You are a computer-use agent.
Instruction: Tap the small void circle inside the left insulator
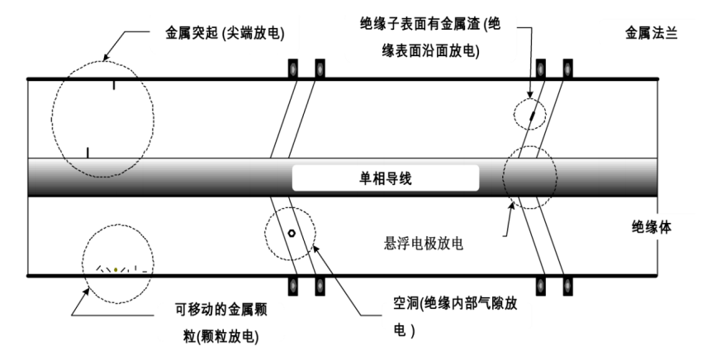pyautogui.click(x=292, y=234)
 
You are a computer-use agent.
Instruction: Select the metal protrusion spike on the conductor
pyautogui.click(x=87, y=151)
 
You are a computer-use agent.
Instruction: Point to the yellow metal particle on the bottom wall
pyautogui.click(x=116, y=268)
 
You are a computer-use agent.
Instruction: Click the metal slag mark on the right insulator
pyautogui.click(x=531, y=111)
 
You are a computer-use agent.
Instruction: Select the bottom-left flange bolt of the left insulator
pyautogui.click(x=292, y=286)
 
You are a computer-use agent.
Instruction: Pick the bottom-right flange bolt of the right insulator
pyautogui.click(x=568, y=286)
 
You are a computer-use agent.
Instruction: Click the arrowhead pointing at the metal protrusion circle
pyautogui.click(x=105, y=59)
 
